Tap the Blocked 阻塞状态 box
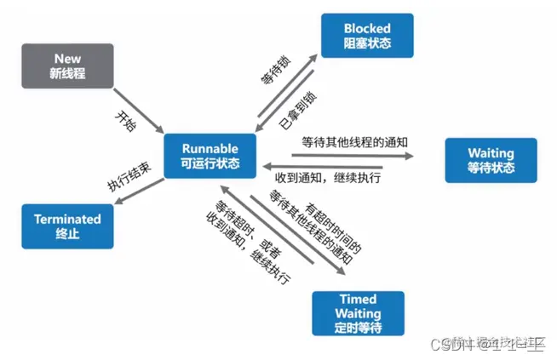click(x=367, y=36)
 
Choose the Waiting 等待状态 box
click(x=491, y=160)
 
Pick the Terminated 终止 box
click(x=67, y=226)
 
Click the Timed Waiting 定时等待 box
click(x=358, y=313)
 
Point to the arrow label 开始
click(x=124, y=120)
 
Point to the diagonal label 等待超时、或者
click(x=233, y=223)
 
